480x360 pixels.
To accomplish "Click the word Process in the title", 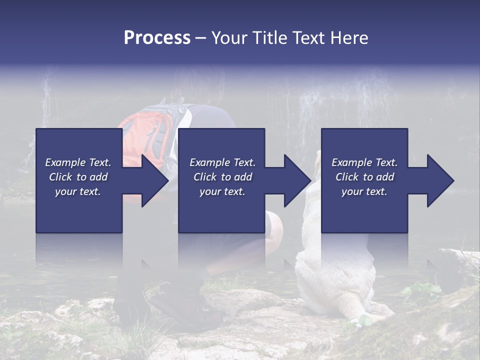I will [157, 38].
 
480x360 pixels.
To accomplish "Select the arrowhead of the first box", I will [154, 180].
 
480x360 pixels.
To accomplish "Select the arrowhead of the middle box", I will [297, 180].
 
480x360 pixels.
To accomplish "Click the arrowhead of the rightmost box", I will [440, 180].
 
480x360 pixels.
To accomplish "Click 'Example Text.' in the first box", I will [78, 162].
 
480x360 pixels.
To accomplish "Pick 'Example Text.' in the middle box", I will [222, 162].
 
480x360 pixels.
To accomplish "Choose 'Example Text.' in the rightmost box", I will [364, 162].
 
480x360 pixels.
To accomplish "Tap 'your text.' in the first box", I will [78, 191].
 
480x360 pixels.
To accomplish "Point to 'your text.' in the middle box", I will [222, 191].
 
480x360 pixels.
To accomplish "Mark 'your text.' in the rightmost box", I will [364, 191].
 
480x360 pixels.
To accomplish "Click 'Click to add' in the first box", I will [78, 177].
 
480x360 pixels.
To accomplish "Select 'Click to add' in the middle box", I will [222, 177].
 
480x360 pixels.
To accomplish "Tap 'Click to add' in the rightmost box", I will [364, 177].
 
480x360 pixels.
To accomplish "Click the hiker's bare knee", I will [274, 225].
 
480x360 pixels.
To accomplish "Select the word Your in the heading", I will [228, 38].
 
